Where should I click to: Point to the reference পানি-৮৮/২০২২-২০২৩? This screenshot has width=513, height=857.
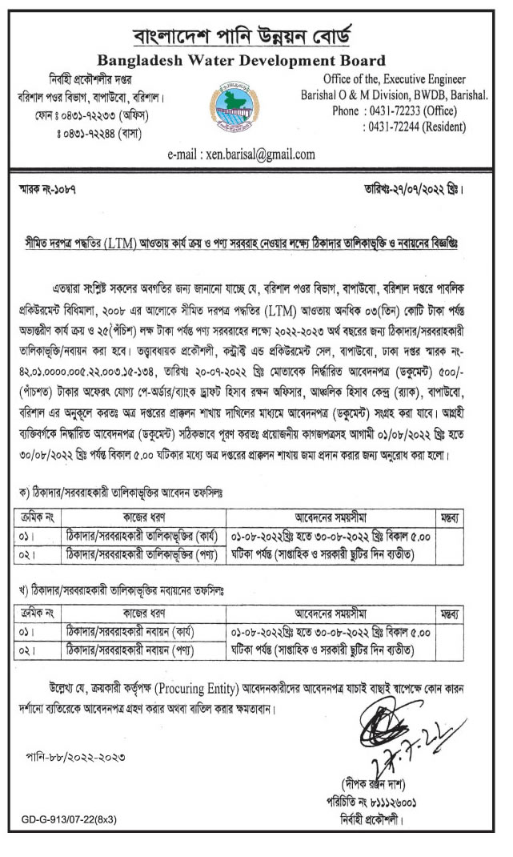point(78,756)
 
